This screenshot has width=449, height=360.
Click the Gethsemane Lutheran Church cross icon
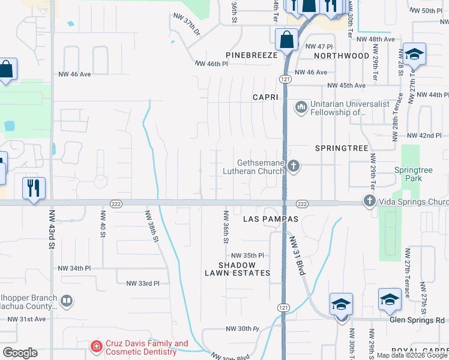click(293, 166)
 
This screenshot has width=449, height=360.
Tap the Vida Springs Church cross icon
click(369, 202)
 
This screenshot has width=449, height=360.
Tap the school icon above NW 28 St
click(414, 55)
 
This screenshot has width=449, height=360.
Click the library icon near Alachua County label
click(67, 301)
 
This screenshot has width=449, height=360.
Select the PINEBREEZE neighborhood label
click(252, 55)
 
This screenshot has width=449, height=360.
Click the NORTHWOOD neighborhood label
click(342, 56)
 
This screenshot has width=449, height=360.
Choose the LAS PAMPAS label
click(270, 219)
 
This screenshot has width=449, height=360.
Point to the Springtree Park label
click(413, 174)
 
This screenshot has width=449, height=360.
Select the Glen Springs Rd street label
click(417, 320)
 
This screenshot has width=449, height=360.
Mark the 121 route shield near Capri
click(285, 79)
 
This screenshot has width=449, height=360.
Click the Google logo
click(20, 352)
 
